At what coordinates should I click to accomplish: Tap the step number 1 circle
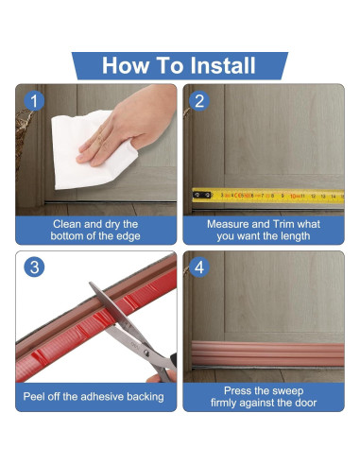[x=34, y=101]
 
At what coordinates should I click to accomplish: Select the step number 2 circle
[x=199, y=101]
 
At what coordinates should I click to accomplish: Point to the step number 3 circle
[x=34, y=267]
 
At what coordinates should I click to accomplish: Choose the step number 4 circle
[x=199, y=267]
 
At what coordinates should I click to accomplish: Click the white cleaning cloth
[x=92, y=151]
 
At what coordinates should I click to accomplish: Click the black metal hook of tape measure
[x=201, y=196]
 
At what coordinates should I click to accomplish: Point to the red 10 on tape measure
[x=294, y=197]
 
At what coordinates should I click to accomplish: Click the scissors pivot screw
[x=146, y=353]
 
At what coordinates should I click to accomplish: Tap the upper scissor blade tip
[x=91, y=284]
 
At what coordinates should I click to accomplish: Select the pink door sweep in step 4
[x=267, y=353]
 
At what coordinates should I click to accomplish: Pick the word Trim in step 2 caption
[x=283, y=224]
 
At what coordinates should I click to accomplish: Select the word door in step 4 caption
[x=305, y=403]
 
